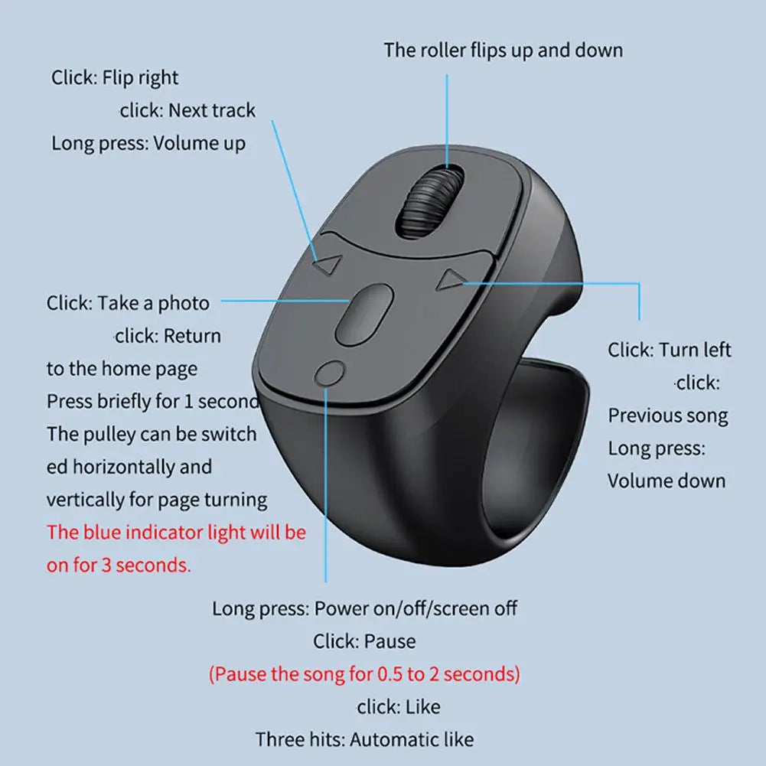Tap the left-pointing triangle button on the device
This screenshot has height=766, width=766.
(x=328, y=265)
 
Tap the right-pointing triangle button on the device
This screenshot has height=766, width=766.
(x=448, y=281)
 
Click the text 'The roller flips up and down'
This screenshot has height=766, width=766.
(x=503, y=51)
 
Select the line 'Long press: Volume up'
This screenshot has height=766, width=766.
(x=148, y=143)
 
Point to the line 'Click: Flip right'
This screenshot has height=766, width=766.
(x=115, y=77)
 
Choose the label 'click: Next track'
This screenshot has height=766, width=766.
(x=187, y=110)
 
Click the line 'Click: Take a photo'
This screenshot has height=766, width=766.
(x=128, y=303)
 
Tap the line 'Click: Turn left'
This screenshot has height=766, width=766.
(x=670, y=350)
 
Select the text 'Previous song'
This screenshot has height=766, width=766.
(x=667, y=416)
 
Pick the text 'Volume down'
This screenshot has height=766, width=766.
(x=666, y=481)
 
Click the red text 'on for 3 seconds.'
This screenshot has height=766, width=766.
(x=119, y=566)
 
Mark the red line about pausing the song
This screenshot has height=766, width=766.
(x=364, y=674)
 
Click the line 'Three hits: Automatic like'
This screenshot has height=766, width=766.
(x=364, y=739)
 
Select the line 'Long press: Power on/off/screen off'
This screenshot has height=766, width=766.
(x=364, y=608)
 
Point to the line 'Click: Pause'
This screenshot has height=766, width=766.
(x=364, y=641)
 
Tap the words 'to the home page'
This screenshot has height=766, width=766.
(x=122, y=369)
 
